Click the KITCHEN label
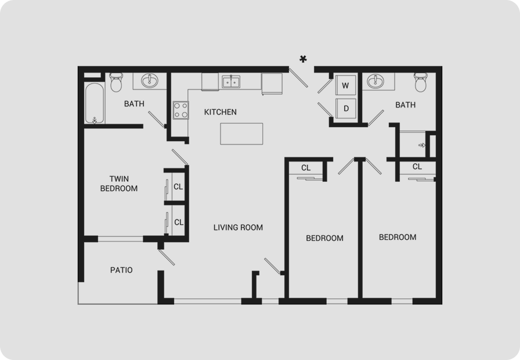point(220,112)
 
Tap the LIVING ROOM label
point(238,228)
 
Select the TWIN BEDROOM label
point(119,183)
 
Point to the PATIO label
point(121,270)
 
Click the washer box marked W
point(345,85)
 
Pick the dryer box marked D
point(345,108)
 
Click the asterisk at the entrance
point(303,59)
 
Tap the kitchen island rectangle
point(241,134)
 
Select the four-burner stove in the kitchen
point(180,110)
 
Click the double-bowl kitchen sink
point(231,82)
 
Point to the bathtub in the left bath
point(95,103)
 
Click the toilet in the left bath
point(116,82)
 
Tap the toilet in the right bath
point(421,82)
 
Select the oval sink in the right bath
point(375,81)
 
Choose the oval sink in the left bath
point(150,81)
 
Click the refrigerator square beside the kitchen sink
point(272,84)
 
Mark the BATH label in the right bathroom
point(405,105)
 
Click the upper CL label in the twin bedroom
point(178,187)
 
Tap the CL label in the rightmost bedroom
point(417,167)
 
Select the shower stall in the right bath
point(413,145)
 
